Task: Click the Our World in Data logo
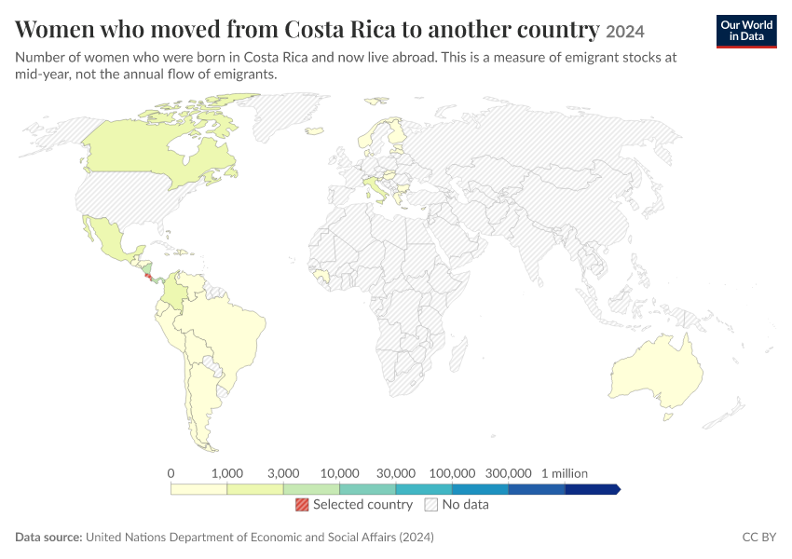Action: coord(746,32)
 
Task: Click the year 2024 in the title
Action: coord(625,32)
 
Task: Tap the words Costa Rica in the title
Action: coord(340,29)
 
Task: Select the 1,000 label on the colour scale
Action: coord(227,473)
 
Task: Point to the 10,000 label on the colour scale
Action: coord(339,473)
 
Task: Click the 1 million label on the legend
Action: coord(565,473)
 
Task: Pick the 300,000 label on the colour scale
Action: coord(508,473)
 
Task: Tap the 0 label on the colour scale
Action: coord(171,473)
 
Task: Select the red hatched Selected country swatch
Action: coord(302,504)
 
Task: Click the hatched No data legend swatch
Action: coord(430,504)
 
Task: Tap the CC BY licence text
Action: coord(758,537)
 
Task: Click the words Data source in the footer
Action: coord(48,537)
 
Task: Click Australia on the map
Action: coord(657,371)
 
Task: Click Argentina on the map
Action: coord(202,399)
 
